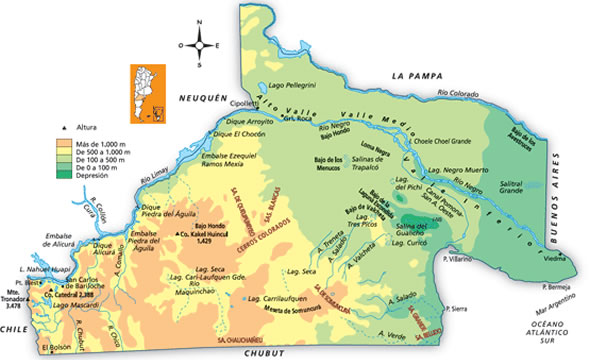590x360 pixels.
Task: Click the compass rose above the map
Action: (x=200, y=44)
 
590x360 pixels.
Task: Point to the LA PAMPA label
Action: (x=416, y=75)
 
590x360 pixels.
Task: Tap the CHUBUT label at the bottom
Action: (x=258, y=352)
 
